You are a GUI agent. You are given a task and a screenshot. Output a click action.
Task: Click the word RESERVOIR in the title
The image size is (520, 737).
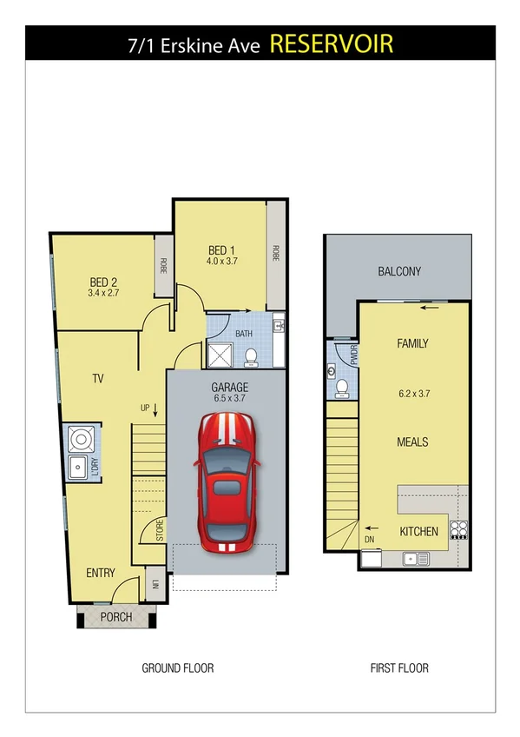(x=332, y=43)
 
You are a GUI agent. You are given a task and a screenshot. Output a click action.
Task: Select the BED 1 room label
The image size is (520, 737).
(x=221, y=250)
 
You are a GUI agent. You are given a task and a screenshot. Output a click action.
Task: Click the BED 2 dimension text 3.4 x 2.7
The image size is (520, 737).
(x=102, y=294)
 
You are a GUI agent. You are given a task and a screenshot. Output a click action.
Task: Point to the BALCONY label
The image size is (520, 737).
(x=399, y=271)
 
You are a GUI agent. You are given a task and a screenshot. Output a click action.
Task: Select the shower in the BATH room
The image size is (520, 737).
(x=221, y=355)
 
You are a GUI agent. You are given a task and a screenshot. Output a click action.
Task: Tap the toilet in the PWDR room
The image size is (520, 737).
(x=342, y=387)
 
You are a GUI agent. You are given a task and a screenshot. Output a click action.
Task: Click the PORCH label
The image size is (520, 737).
(x=116, y=617)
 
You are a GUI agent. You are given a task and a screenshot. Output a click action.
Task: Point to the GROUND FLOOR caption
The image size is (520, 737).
(x=178, y=668)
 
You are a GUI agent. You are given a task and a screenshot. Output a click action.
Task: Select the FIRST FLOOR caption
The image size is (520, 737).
(x=398, y=668)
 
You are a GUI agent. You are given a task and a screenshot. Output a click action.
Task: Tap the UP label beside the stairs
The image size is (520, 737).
(x=146, y=408)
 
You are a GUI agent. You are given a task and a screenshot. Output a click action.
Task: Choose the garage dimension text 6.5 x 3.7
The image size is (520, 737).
(x=229, y=399)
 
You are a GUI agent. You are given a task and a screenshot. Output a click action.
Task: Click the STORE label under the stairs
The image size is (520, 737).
(x=161, y=531)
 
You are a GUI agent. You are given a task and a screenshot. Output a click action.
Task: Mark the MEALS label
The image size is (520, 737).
(x=412, y=442)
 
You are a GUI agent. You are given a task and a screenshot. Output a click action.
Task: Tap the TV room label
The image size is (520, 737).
(x=98, y=378)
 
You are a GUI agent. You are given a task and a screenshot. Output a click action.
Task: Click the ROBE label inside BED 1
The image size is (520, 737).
(x=276, y=252)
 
